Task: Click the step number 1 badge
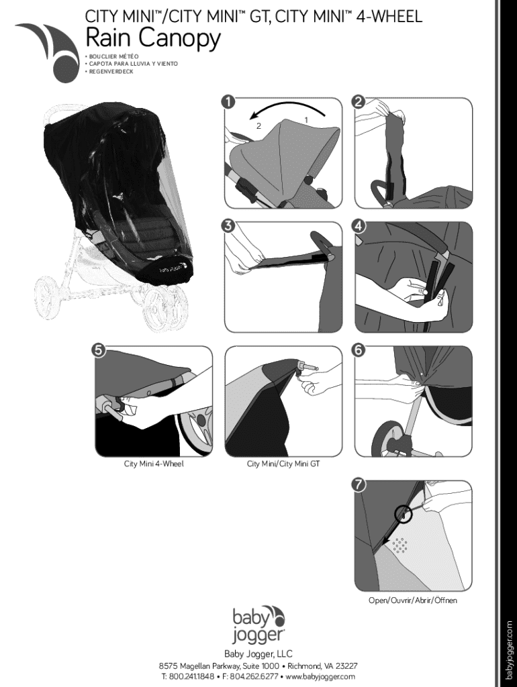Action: pos(230,102)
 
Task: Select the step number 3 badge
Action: pos(230,226)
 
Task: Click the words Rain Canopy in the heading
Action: pos(152,39)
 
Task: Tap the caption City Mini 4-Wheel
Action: pos(154,464)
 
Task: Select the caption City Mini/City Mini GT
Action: pos(283,464)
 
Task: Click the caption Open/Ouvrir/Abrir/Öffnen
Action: pos(413,600)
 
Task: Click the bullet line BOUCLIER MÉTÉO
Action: pos(113,56)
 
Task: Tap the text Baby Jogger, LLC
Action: pos(258,653)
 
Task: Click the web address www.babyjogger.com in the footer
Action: pos(320,676)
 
